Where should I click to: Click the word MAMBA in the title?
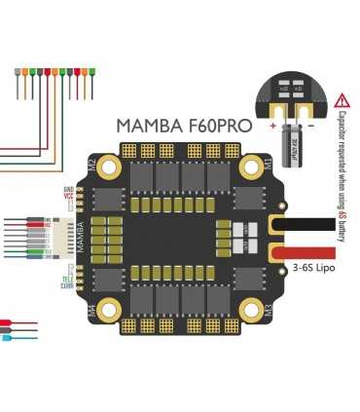(x=148, y=126)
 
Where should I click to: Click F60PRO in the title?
(x=217, y=126)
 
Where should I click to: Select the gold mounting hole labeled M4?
(x=106, y=310)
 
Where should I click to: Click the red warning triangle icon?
(x=342, y=99)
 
